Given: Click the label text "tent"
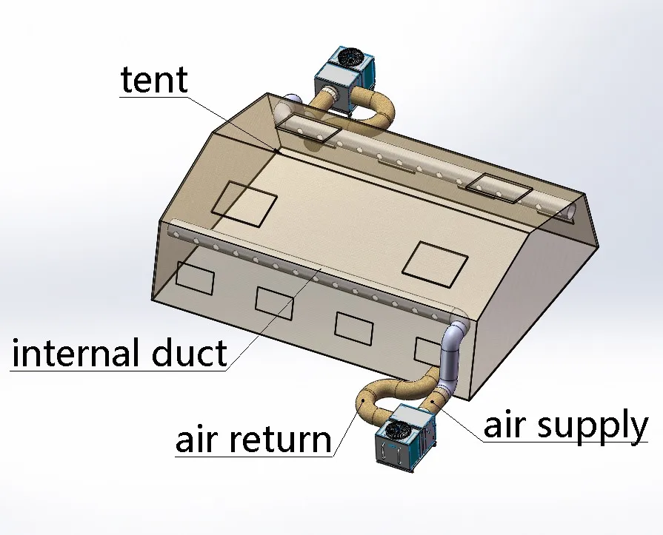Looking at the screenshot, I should (154, 79).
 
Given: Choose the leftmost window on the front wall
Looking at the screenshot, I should (195, 278).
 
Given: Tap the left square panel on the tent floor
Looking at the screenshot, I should (244, 203).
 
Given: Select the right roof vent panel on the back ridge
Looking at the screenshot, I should (499, 186).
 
